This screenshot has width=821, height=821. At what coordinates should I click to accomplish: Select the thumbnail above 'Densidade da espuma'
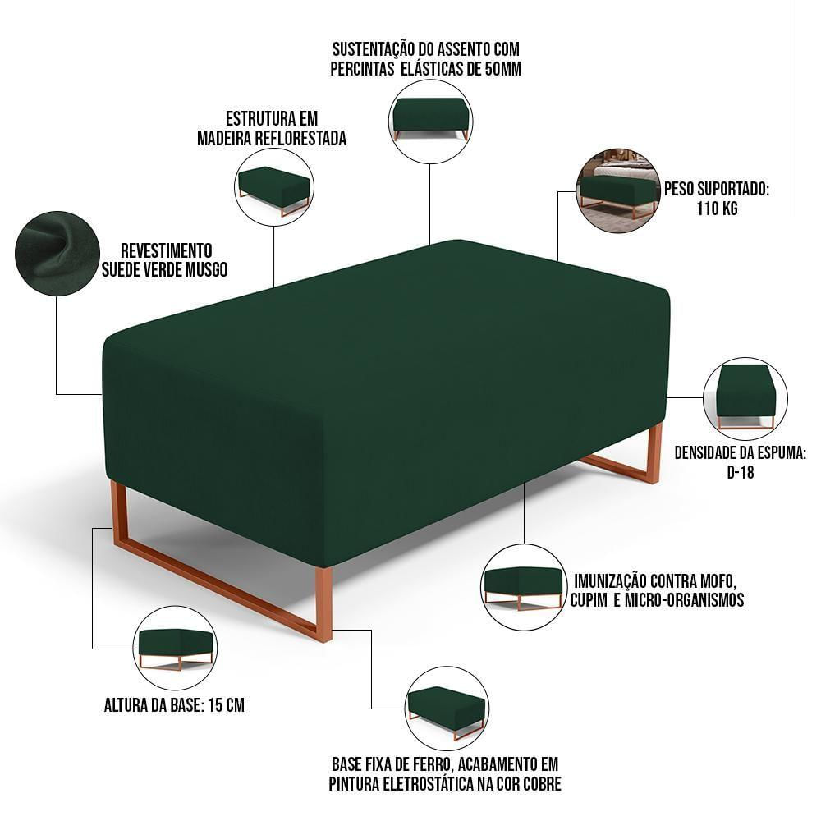coord(745,399)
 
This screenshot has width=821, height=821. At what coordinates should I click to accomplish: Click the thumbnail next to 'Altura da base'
coord(174,649)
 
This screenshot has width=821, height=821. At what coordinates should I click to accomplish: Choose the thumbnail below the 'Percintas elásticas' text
coord(430,121)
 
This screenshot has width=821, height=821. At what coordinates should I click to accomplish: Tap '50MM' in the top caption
coord(501,69)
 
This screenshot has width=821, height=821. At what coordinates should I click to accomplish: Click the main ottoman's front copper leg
coord(323,603)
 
